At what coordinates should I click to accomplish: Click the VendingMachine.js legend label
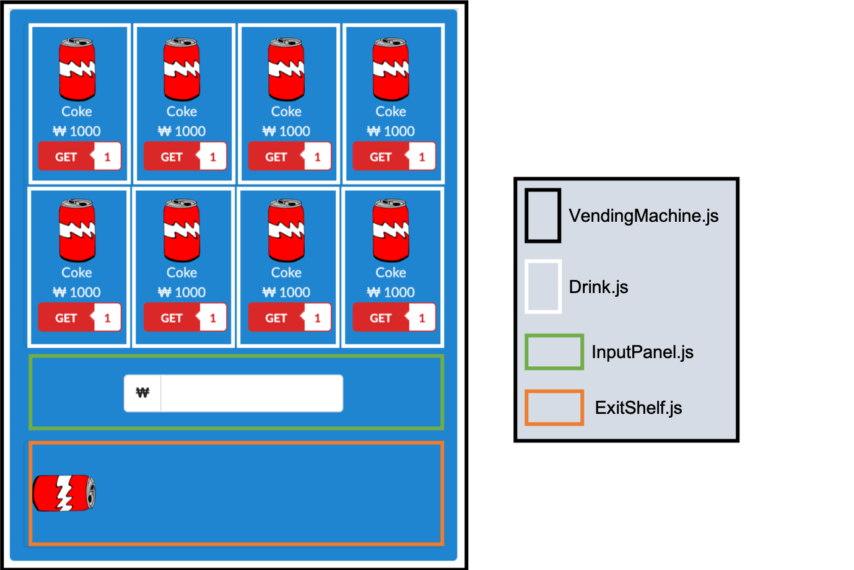click(x=643, y=216)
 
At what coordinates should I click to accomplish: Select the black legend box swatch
click(x=542, y=216)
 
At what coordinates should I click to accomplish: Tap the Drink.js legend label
click(x=598, y=287)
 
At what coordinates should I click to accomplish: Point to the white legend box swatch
click(x=542, y=286)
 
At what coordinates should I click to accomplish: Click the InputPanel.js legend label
click(x=642, y=352)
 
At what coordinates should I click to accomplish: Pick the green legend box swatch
click(x=554, y=352)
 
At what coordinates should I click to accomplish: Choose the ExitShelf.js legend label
click(x=638, y=408)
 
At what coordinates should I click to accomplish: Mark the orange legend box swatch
click(x=554, y=408)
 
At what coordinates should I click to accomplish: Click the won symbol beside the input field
click(x=142, y=393)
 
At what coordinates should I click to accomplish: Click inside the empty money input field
click(x=251, y=393)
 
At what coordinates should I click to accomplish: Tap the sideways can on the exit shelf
click(x=64, y=493)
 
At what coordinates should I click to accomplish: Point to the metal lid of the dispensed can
click(x=90, y=493)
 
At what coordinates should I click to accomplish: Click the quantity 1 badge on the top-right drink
click(x=422, y=157)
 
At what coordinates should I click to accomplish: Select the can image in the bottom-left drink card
click(x=77, y=230)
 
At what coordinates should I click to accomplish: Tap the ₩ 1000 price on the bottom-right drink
click(x=391, y=292)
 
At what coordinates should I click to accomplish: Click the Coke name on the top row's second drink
click(x=181, y=112)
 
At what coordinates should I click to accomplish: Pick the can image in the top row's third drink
click(x=286, y=69)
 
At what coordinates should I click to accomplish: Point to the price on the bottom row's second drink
click(x=181, y=292)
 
